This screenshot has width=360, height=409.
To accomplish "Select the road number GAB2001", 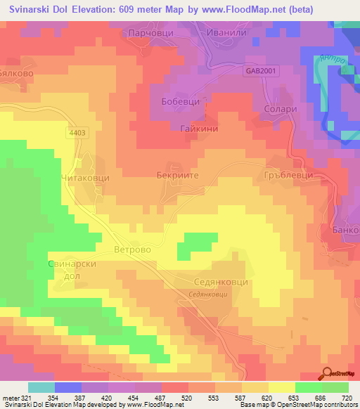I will pyautogui.click(x=262, y=71).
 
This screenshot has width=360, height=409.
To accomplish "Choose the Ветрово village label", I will pyautogui.click(x=133, y=249).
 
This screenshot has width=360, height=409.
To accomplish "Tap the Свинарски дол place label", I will pyautogui.click(x=71, y=270).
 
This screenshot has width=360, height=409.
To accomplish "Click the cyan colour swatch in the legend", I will pyautogui.click(x=41, y=387).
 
